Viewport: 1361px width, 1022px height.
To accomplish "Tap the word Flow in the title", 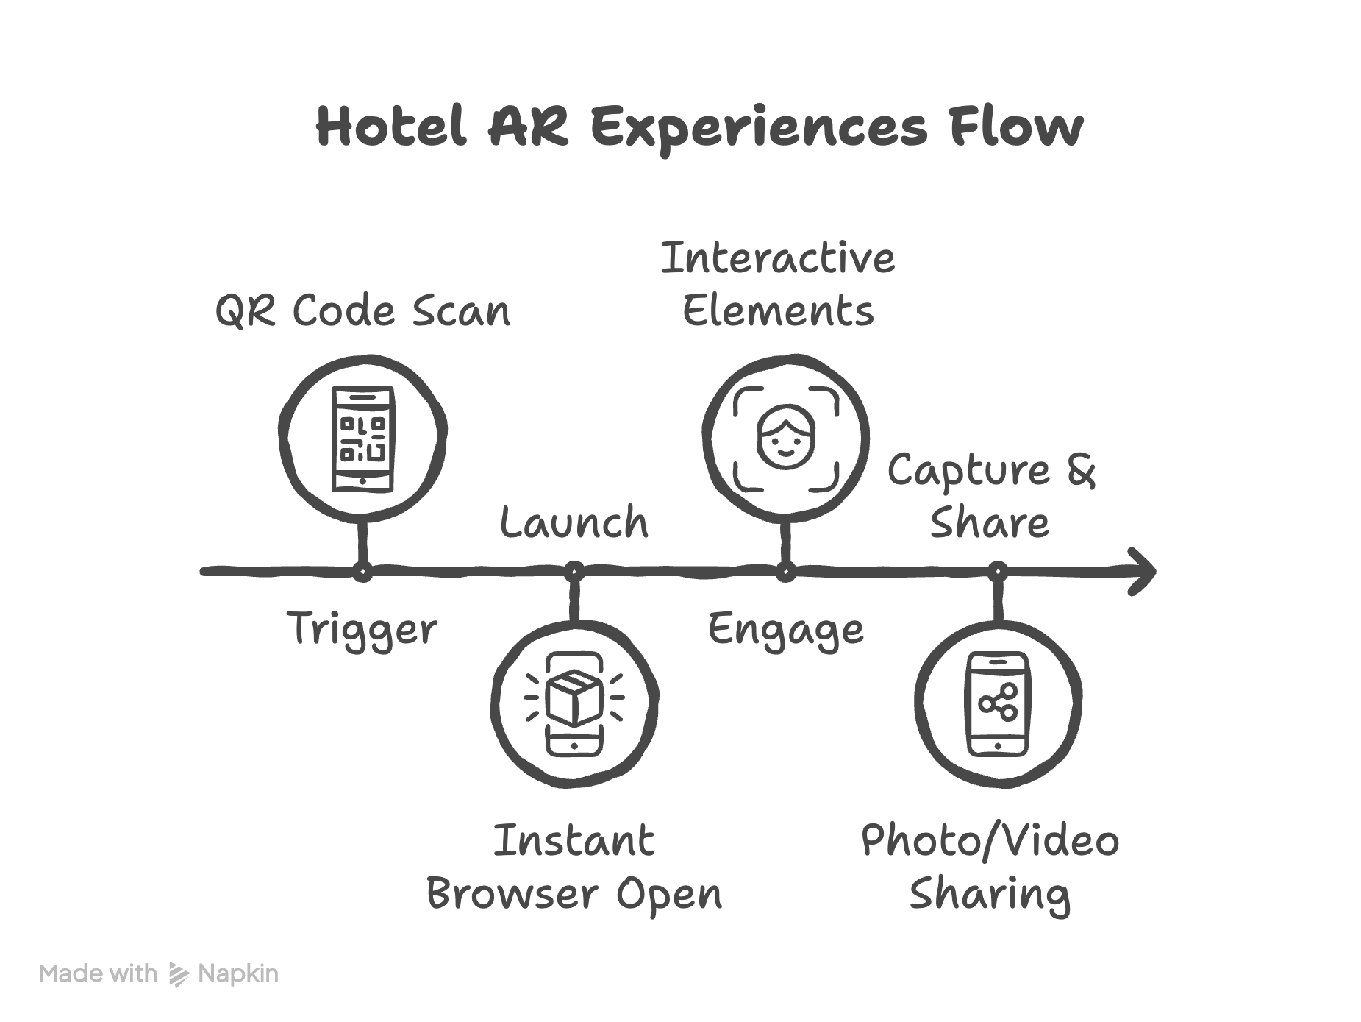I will coord(1015,127).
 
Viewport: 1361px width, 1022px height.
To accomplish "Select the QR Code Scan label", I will coord(362,310).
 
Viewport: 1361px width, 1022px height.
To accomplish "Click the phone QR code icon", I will coord(363,439).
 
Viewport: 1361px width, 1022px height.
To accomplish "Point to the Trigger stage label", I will coord(362,630).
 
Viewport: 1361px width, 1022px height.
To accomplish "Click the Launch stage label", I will coord(574,523).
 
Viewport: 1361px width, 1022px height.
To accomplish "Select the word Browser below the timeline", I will coord(512,894).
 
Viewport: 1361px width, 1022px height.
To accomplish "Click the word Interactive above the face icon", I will coord(778,258).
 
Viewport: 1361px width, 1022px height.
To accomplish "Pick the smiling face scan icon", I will coord(786,439).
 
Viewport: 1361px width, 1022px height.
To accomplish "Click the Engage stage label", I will coord(785,630).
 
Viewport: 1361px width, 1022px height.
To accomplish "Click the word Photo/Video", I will coord(990,840).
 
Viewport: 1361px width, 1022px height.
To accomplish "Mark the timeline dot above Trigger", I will coord(362,571).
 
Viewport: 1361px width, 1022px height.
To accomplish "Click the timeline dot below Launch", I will coord(574,571).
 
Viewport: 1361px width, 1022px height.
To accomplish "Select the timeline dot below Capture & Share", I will coord(998,571).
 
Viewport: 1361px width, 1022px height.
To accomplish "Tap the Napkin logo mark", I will coord(179,974).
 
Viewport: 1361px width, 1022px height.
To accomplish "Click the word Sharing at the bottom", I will coord(990,894).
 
